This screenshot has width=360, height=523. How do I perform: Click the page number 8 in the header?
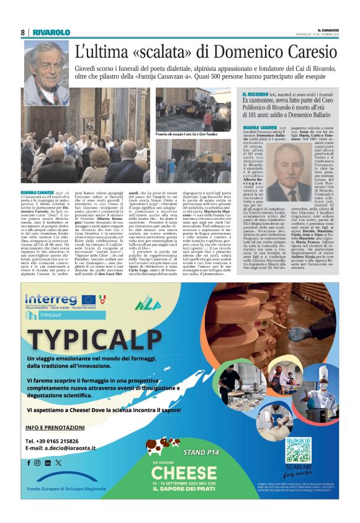click(x=22, y=32)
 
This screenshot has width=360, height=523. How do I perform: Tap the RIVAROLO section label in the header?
click(x=51, y=32)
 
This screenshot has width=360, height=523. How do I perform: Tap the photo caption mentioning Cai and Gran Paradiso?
click(x=186, y=134)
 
